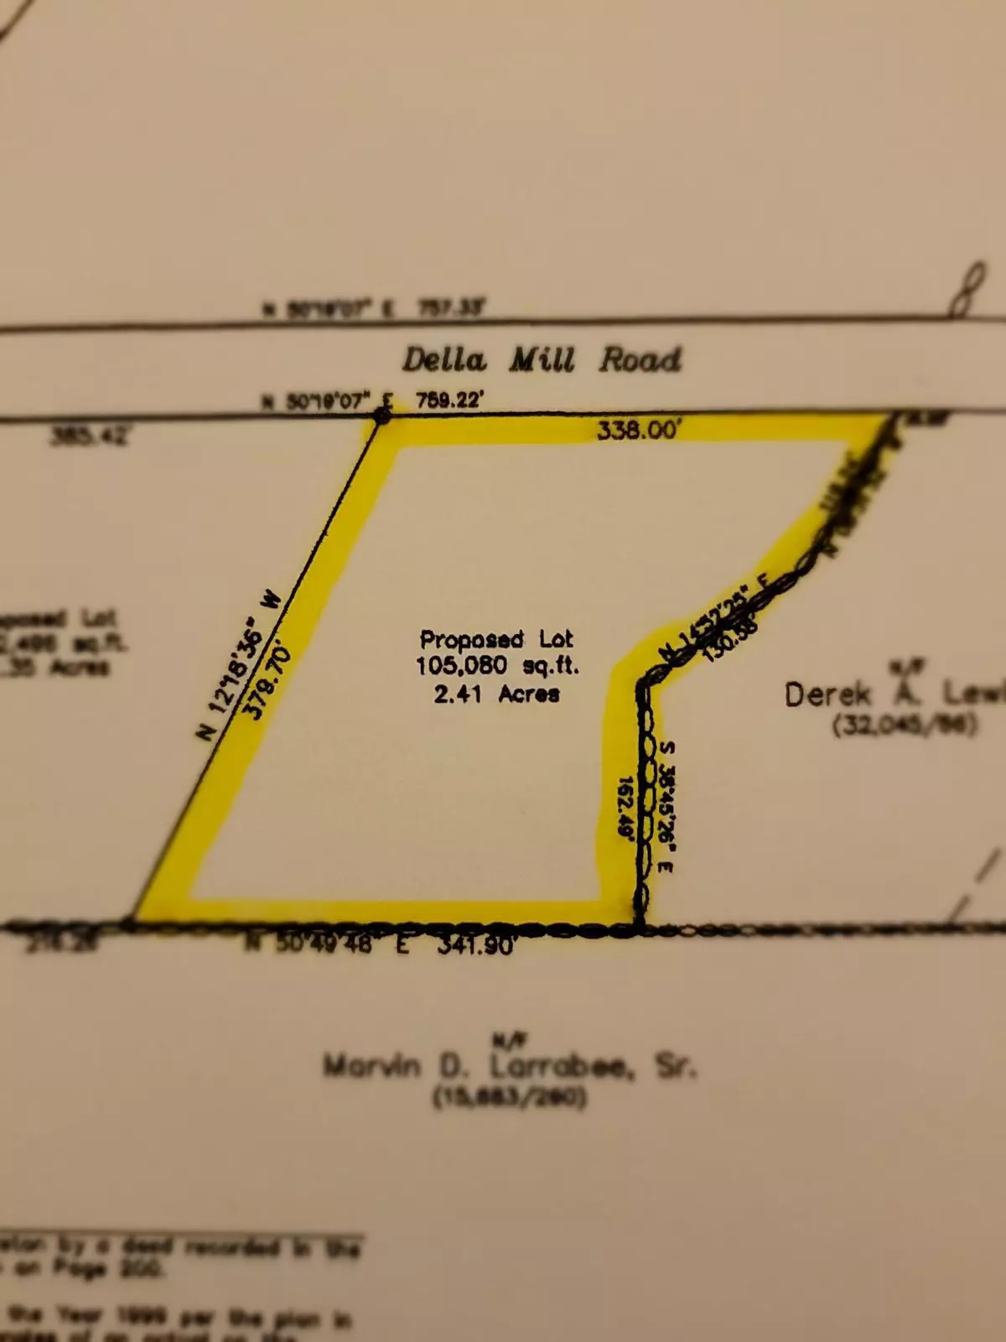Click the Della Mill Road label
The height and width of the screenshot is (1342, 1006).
click(x=542, y=360)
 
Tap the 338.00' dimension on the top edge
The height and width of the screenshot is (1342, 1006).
click(x=639, y=430)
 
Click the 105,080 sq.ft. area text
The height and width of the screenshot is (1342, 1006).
click(x=497, y=666)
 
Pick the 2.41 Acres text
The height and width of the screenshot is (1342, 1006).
click(x=496, y=694)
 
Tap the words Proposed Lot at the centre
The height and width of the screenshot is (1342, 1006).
click(x=496, y=639)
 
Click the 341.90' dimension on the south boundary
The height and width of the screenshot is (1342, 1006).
click(x=475, y=945)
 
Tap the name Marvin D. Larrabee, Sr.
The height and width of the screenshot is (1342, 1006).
click(x=510, y=1067)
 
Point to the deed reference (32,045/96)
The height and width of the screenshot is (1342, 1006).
click(x=905, y=724)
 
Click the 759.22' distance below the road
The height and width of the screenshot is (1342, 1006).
click(x=449, y=400)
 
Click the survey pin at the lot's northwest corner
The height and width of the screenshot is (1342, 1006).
click(x=381, y=416)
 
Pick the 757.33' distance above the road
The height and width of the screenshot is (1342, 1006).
click(x=451, y=309)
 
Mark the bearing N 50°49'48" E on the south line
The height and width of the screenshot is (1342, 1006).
click(x=327, y=944)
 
